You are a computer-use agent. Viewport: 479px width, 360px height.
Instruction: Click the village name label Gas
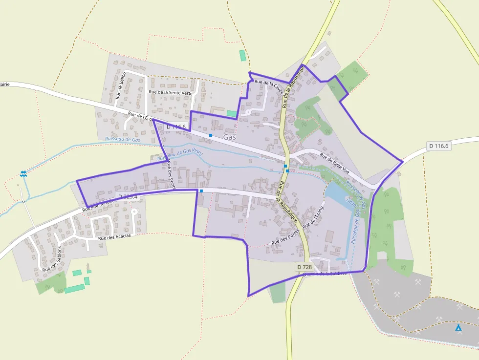230,137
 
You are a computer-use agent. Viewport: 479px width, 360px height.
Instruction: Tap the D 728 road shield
304,267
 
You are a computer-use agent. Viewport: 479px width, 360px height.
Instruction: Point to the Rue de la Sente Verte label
171,92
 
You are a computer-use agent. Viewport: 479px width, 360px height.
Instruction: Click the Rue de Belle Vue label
335,164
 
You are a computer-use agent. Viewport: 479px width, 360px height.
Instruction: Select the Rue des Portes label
285,238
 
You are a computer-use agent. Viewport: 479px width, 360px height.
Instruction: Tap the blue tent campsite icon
458,328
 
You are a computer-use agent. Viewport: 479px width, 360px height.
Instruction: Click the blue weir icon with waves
23,173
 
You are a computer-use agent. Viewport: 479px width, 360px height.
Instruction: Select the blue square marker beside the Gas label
211,135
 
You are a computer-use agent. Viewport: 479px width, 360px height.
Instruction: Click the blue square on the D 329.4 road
201,191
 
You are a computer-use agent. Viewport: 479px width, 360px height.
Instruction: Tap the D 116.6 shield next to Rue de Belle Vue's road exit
438,146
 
